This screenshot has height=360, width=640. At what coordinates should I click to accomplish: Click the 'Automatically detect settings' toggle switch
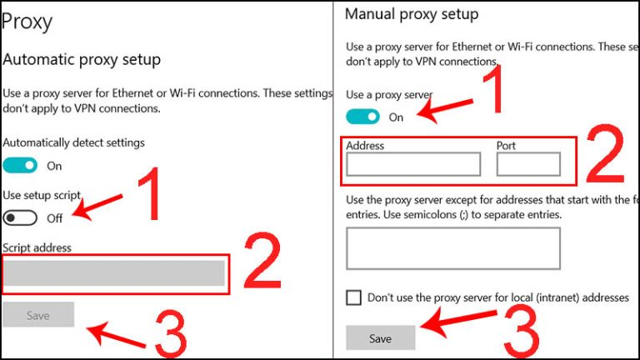20,166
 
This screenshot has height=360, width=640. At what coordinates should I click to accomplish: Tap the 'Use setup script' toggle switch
20,218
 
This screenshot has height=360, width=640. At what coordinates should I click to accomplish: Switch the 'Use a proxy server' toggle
362,117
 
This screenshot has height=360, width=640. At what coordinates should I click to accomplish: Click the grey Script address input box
114,273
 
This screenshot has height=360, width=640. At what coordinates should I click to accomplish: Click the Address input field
413,164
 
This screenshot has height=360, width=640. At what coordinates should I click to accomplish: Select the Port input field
528,164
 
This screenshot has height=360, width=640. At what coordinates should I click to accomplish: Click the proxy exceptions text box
453,248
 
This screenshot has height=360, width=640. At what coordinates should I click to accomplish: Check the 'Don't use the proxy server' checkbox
353,297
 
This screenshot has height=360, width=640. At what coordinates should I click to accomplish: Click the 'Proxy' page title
27,22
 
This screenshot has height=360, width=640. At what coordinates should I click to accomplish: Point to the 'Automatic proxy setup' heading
82,60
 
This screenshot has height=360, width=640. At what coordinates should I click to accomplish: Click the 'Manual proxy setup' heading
412,14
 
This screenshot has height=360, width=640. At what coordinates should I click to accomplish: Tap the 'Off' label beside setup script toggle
55,218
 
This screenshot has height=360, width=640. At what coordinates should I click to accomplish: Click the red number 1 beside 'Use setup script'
149,193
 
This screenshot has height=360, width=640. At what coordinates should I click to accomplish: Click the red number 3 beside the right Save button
522,332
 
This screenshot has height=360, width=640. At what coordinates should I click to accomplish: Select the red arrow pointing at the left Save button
117,335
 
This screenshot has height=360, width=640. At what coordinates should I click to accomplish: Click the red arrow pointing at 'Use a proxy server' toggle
445,108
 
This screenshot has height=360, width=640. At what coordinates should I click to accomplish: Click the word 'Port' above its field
506,146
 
